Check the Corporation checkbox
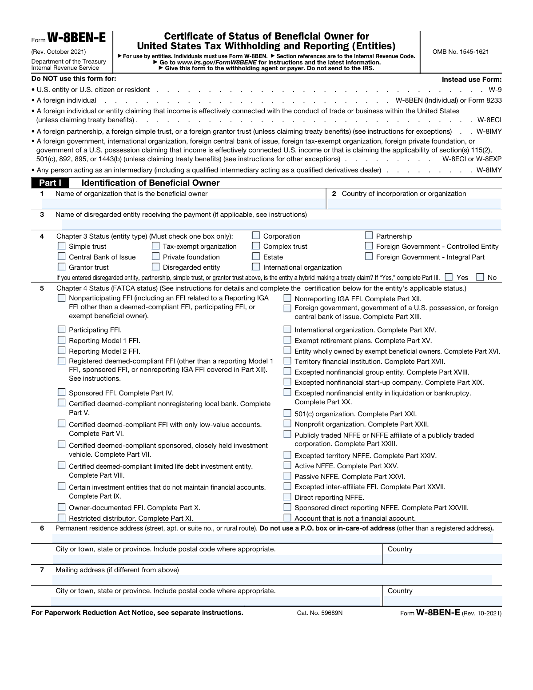click(256, 235)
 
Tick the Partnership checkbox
click(369, 235)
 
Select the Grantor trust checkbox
click(62, 267)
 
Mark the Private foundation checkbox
click(156, 256)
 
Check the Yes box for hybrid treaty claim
click(449, 277)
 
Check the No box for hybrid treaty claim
click(480, 277)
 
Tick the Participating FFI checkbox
click(62, 329)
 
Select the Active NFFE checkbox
click(288, 466)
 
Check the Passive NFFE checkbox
click(288, 476)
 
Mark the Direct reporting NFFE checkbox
click(288, 497)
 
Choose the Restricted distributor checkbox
click(62, 518)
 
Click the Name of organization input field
click(183, 204)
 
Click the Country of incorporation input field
click(414, 204)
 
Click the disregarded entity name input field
click(271, 224)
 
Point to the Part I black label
click(50, 183)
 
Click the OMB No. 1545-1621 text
click(461, 52)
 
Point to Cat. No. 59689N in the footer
click(320, 613)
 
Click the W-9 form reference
click(495, 90)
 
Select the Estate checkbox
click(256, 256)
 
